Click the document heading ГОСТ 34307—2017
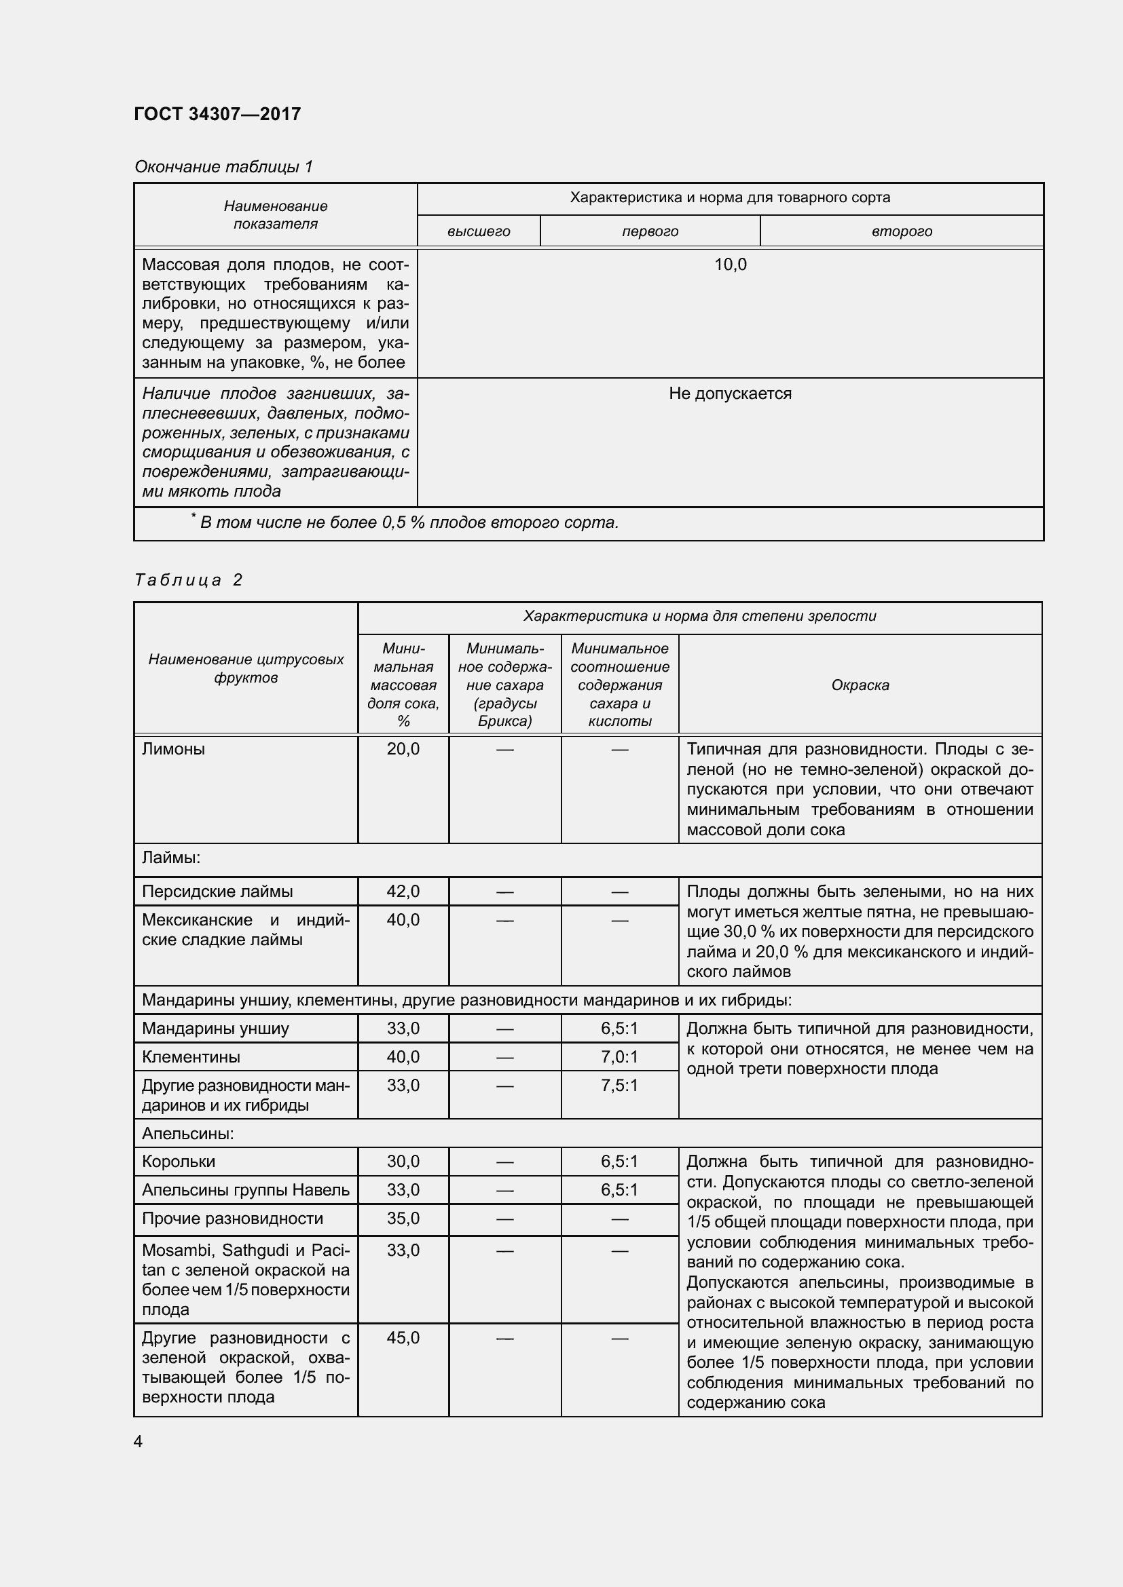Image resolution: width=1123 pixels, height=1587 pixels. coord(217,114)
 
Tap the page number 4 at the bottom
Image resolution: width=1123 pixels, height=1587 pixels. coord(139,1441)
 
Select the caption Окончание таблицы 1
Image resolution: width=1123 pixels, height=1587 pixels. coord(223,167)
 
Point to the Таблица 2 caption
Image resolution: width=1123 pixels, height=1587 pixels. coord(188,580)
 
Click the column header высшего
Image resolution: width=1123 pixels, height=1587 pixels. coord(479,231)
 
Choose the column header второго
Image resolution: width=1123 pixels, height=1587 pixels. coord(902,231)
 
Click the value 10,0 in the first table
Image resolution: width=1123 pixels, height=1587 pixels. coord(731,265)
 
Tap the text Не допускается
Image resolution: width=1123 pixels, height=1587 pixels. coord(731,394)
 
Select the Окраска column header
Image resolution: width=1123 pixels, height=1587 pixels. coord(860,685)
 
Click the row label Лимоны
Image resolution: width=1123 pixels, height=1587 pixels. coord(174,749)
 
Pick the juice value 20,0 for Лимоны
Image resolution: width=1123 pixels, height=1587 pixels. coord(403,749)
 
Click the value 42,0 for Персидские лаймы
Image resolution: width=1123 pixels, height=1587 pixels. coord(403,892)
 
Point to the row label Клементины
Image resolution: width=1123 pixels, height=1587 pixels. coord(191,1057)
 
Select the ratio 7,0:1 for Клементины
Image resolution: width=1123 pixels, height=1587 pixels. coord(620,1057)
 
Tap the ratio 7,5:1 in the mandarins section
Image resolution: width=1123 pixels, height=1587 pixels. coord(620,1085)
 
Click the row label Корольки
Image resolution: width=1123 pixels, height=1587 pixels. coord(179,1162)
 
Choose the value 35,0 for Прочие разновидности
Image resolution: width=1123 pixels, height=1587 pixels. coord(403,1219)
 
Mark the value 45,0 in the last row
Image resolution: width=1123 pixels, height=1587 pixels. coord(403,1337)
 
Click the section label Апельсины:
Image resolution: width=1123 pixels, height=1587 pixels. coord(188,1134)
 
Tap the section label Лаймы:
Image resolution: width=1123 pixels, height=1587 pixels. coord(171,858)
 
